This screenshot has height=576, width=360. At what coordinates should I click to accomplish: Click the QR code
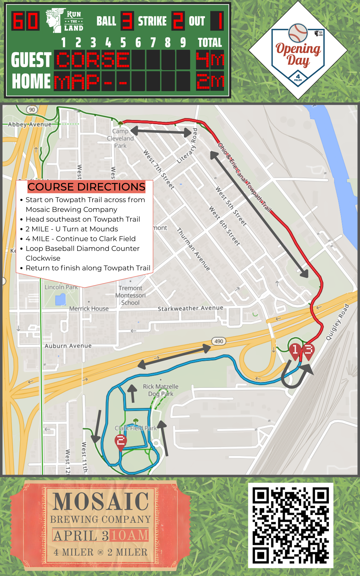click(x=291, y=525)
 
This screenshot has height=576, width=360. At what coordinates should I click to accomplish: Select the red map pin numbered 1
click(x=295, y=350)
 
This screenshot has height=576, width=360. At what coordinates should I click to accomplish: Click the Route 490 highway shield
click(x=219, y=341)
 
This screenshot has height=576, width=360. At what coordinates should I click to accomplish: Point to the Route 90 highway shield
click(x=32, y=109)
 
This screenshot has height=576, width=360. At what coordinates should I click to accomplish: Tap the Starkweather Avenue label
click(x=190, y=308)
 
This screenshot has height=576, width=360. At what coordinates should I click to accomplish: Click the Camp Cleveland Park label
click(x=120, y=139)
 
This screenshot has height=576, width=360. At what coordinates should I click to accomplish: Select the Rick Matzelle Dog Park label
click(x=161, y=390)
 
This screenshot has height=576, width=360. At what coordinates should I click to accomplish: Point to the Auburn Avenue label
click(x=68, y=346)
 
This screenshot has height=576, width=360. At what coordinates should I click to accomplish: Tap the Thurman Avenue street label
click(x=193, y=249)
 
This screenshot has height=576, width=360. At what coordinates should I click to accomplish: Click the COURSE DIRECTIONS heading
click(x=86, y=187)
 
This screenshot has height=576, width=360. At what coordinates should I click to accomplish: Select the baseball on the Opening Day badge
click(x=298, y=33)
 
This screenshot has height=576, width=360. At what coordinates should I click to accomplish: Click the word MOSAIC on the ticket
click(x=101, y=502)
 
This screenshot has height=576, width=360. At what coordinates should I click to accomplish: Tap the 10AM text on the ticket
click(x=130, y=536)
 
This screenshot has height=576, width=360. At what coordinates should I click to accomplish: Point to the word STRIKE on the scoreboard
click(x=152, y=21)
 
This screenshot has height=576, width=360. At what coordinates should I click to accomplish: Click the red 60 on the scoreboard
click(x=25, y=21)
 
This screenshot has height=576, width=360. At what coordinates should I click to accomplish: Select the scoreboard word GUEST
click(x=31, y=60)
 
